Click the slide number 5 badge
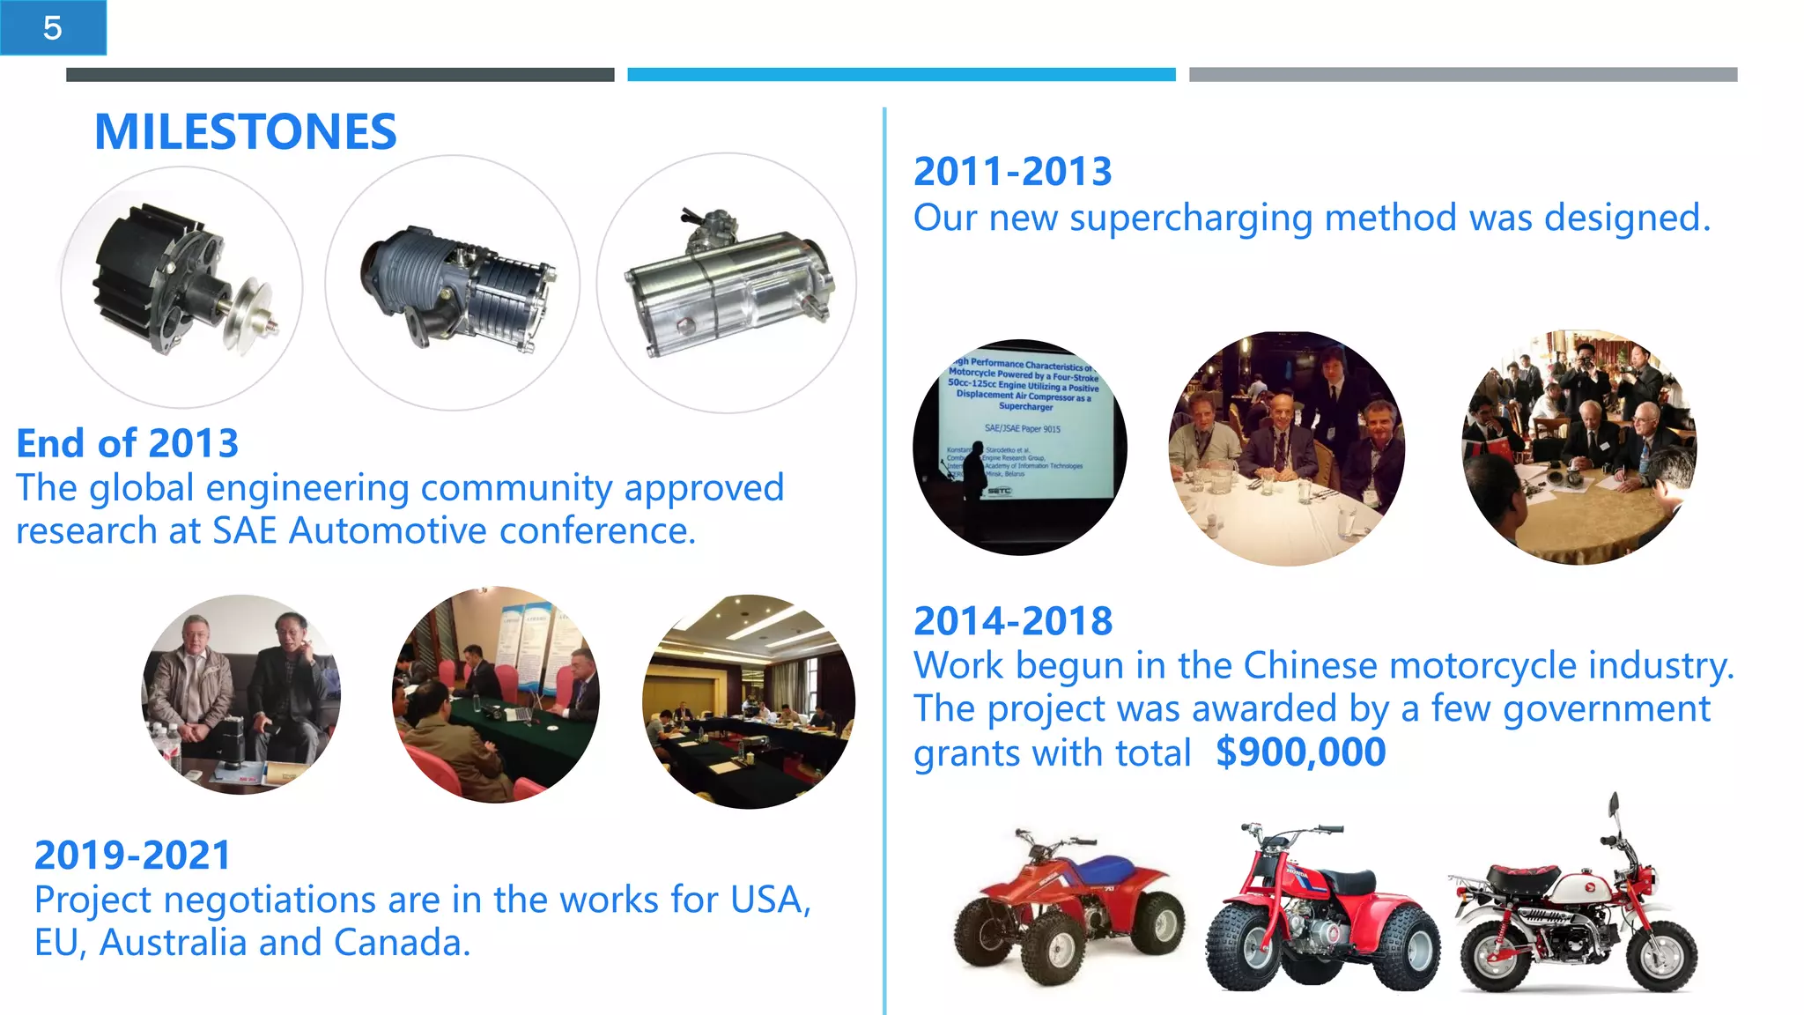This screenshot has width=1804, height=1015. coord(53,28)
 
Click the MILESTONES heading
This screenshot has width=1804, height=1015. coord(245,132)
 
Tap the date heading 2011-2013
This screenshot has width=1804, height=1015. coord(1012,171)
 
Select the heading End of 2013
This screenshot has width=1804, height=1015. coord(128,443)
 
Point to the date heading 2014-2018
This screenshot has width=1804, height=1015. coord(1013,621)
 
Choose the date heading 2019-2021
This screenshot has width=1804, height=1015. coord(132,856)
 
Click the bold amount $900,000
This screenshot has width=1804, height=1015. coord(1300,752)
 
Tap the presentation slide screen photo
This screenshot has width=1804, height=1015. coord(1019,447)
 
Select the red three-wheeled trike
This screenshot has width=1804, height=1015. coord(1321,912)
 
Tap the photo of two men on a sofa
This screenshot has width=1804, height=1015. coord(240,695)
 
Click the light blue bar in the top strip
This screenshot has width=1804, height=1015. coord(901,75)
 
